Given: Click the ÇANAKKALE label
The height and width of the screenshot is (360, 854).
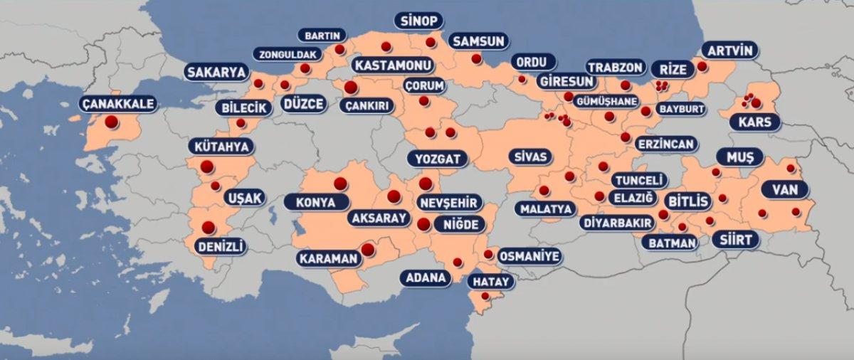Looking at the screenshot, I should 117,104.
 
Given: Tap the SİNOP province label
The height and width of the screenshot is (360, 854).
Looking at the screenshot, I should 418,20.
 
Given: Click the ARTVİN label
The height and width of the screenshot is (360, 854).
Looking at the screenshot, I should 729,51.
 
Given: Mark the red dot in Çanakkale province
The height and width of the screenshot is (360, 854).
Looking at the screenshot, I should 111,122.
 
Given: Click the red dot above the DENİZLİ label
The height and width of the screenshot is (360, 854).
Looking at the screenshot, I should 209,228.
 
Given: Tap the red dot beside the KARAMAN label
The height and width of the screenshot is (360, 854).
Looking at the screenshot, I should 367,250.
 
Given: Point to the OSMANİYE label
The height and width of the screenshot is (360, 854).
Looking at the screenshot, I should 529,256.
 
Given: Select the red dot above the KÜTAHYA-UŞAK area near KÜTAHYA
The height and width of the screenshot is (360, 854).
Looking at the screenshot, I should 207,167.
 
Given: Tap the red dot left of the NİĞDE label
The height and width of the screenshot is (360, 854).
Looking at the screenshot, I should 423,224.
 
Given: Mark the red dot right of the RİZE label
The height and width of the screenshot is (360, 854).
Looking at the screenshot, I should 702,66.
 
